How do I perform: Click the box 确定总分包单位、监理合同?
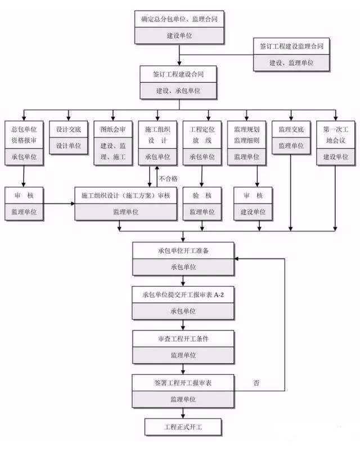(179, 19)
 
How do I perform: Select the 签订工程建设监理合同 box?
(291, 46)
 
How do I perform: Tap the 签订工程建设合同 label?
(179, 74)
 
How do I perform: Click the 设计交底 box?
(68, 129)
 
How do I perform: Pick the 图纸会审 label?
(112, 129)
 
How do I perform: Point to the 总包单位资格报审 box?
(24, 135)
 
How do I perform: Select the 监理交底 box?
(291, 129)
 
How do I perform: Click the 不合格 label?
(168, 178)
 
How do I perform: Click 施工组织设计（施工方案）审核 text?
(125, 195)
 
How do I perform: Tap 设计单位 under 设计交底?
(68, 145)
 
